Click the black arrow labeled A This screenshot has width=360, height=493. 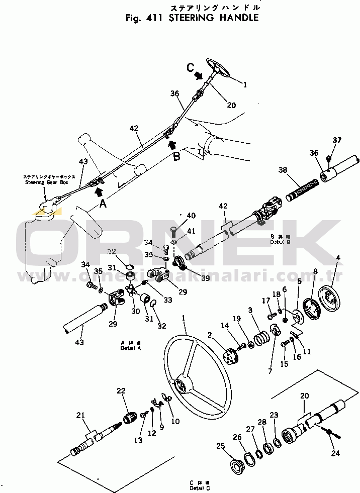point(98,190)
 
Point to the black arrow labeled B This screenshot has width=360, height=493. point(172,145)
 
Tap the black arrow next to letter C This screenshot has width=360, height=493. point(199,75)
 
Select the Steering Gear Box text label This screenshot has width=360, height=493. point(49,182)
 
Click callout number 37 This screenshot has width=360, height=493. point(336,140)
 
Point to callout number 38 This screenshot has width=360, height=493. point(283,170)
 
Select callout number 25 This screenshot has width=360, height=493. point(220,446)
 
